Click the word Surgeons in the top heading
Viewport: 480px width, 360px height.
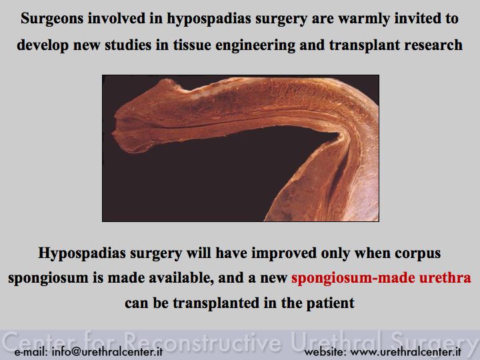pyautogui.click(x=52, y=19)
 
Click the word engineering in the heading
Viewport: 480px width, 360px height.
pyautogui.click(x=255, y=45)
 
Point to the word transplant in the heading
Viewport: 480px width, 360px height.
pyautogui.click(x=365, y=45)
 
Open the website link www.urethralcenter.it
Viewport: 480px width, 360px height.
pyautogui.click(x=405, y=352)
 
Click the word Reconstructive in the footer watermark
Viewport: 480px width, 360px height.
pyautogui.click(x=203, y=341)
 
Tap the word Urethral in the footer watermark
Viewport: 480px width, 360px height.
pyautogui.click(x=337, y=341)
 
